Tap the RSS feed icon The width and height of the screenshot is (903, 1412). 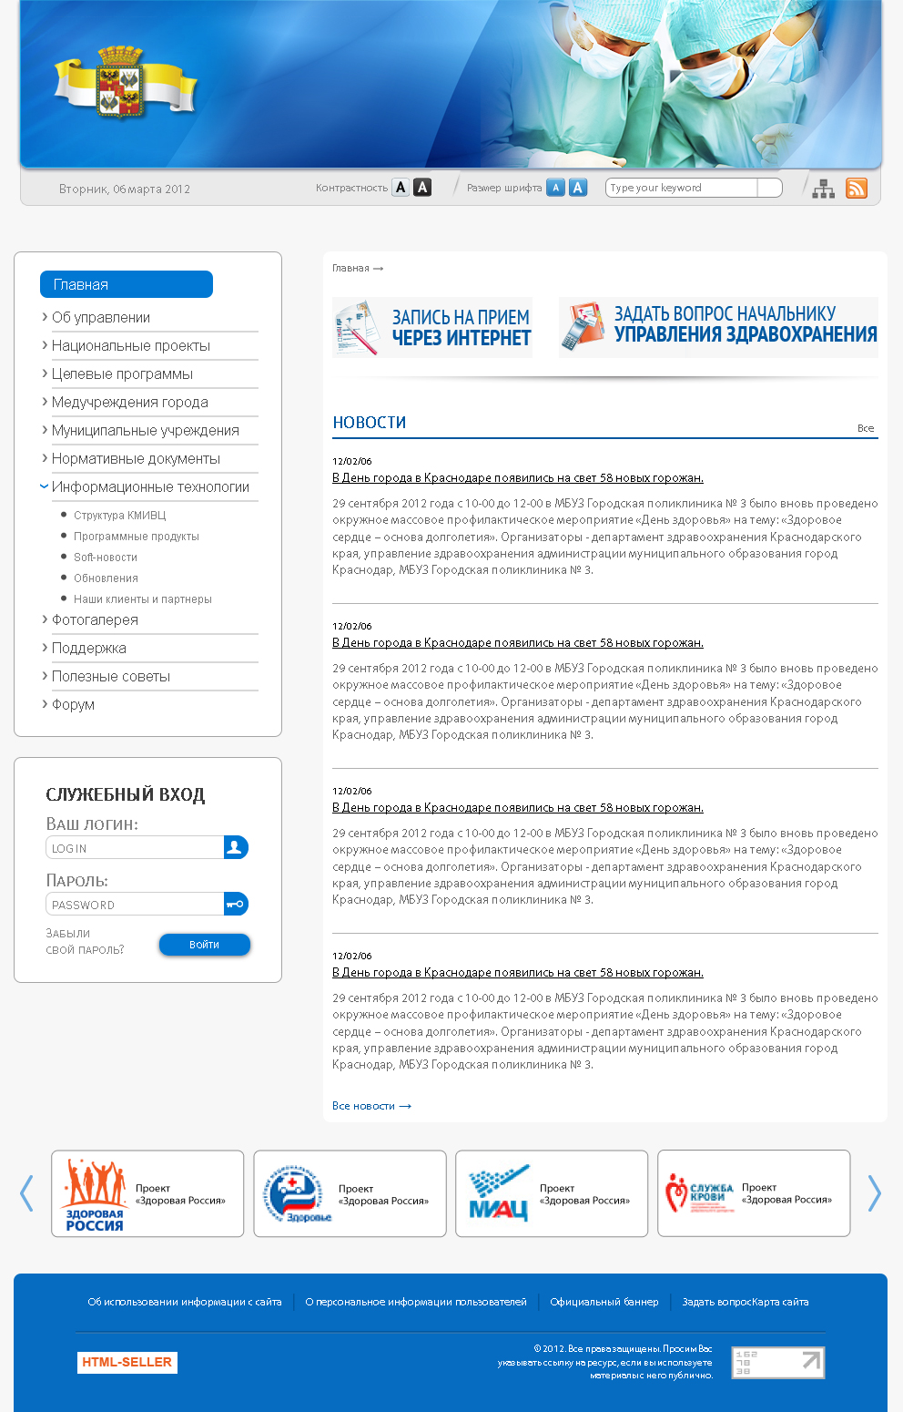pos(857,189)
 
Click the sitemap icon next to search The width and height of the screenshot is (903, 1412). pos(823,189)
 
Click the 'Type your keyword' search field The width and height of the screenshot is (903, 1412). pos(683,188)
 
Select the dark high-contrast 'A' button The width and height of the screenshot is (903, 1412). pos(422,188)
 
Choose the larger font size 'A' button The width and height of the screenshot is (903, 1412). pos(578,188)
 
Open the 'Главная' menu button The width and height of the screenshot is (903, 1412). pos(126,284)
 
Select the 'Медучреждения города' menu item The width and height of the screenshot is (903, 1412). pos(130,402)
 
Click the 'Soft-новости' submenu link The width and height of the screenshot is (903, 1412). pos(106,558)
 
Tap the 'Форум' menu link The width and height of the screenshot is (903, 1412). pos(73,704)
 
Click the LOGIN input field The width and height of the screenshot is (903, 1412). pos(135,848)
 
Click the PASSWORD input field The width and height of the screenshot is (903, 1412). pos(135,905)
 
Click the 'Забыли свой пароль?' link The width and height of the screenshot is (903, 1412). pos(85,942)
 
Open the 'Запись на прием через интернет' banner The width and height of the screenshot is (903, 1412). pos(432,328)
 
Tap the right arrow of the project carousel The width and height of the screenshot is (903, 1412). pos(874,1193)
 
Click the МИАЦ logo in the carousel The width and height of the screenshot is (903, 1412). pos(498,1194)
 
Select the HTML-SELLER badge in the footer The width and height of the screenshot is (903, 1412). pos(127,1362)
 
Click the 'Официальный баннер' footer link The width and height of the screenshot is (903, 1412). pos(604,1302)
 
